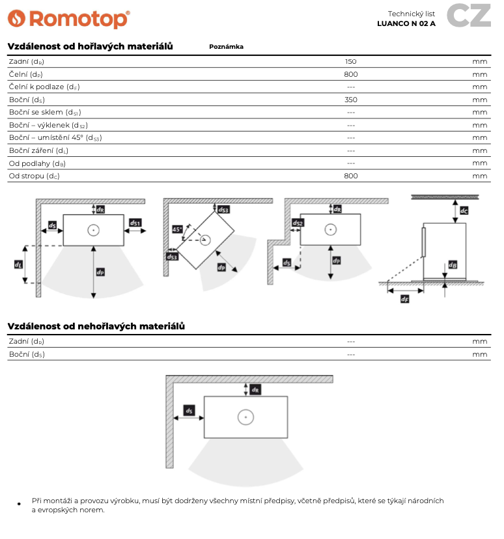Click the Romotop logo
68,19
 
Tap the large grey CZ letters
469,16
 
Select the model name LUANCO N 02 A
406,23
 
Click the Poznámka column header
226,47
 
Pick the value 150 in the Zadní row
351,62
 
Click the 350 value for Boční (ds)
351,100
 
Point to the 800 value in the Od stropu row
351,176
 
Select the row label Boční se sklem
45,113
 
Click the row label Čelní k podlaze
44,87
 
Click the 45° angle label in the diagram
177,230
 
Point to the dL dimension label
18,264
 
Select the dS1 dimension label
135,223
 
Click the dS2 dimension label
298,223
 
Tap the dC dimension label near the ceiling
464,211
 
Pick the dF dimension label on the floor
404,299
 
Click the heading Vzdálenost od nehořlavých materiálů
96,326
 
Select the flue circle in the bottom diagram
245,417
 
